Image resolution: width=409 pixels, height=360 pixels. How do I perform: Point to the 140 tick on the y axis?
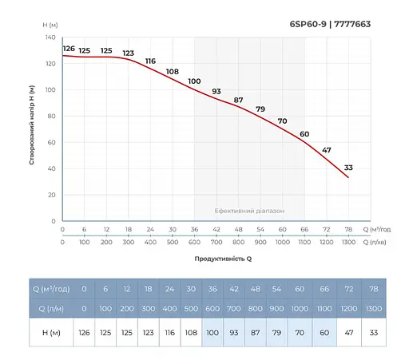[x=50, y=38]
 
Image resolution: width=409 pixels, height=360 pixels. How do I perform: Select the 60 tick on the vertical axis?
[x=51, y=142]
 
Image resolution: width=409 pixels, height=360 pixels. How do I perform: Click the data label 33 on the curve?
[x=348, y=167]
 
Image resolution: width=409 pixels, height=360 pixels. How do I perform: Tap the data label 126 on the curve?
[x=69, y=49]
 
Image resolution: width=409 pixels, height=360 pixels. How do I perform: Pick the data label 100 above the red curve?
[x=194, y=81]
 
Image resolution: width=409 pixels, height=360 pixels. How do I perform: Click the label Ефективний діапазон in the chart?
[x=248, y=211]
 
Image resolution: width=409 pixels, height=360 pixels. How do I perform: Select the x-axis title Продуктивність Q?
[x=223, y=259]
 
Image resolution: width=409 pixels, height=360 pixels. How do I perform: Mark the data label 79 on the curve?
[x=260, y=109]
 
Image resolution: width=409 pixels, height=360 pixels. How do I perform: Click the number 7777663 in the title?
[x=351, y=24]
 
